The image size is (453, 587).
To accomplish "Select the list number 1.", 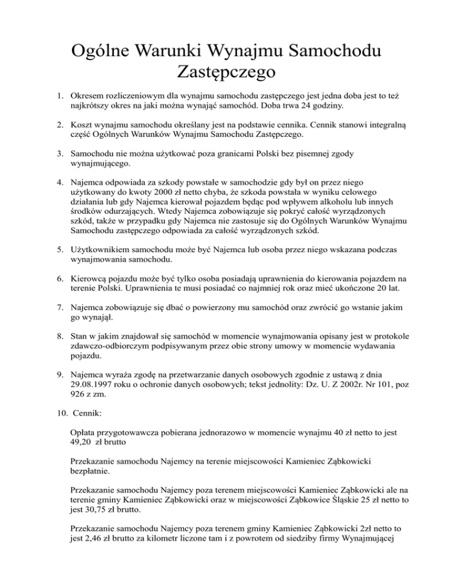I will tap(52, 94).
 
